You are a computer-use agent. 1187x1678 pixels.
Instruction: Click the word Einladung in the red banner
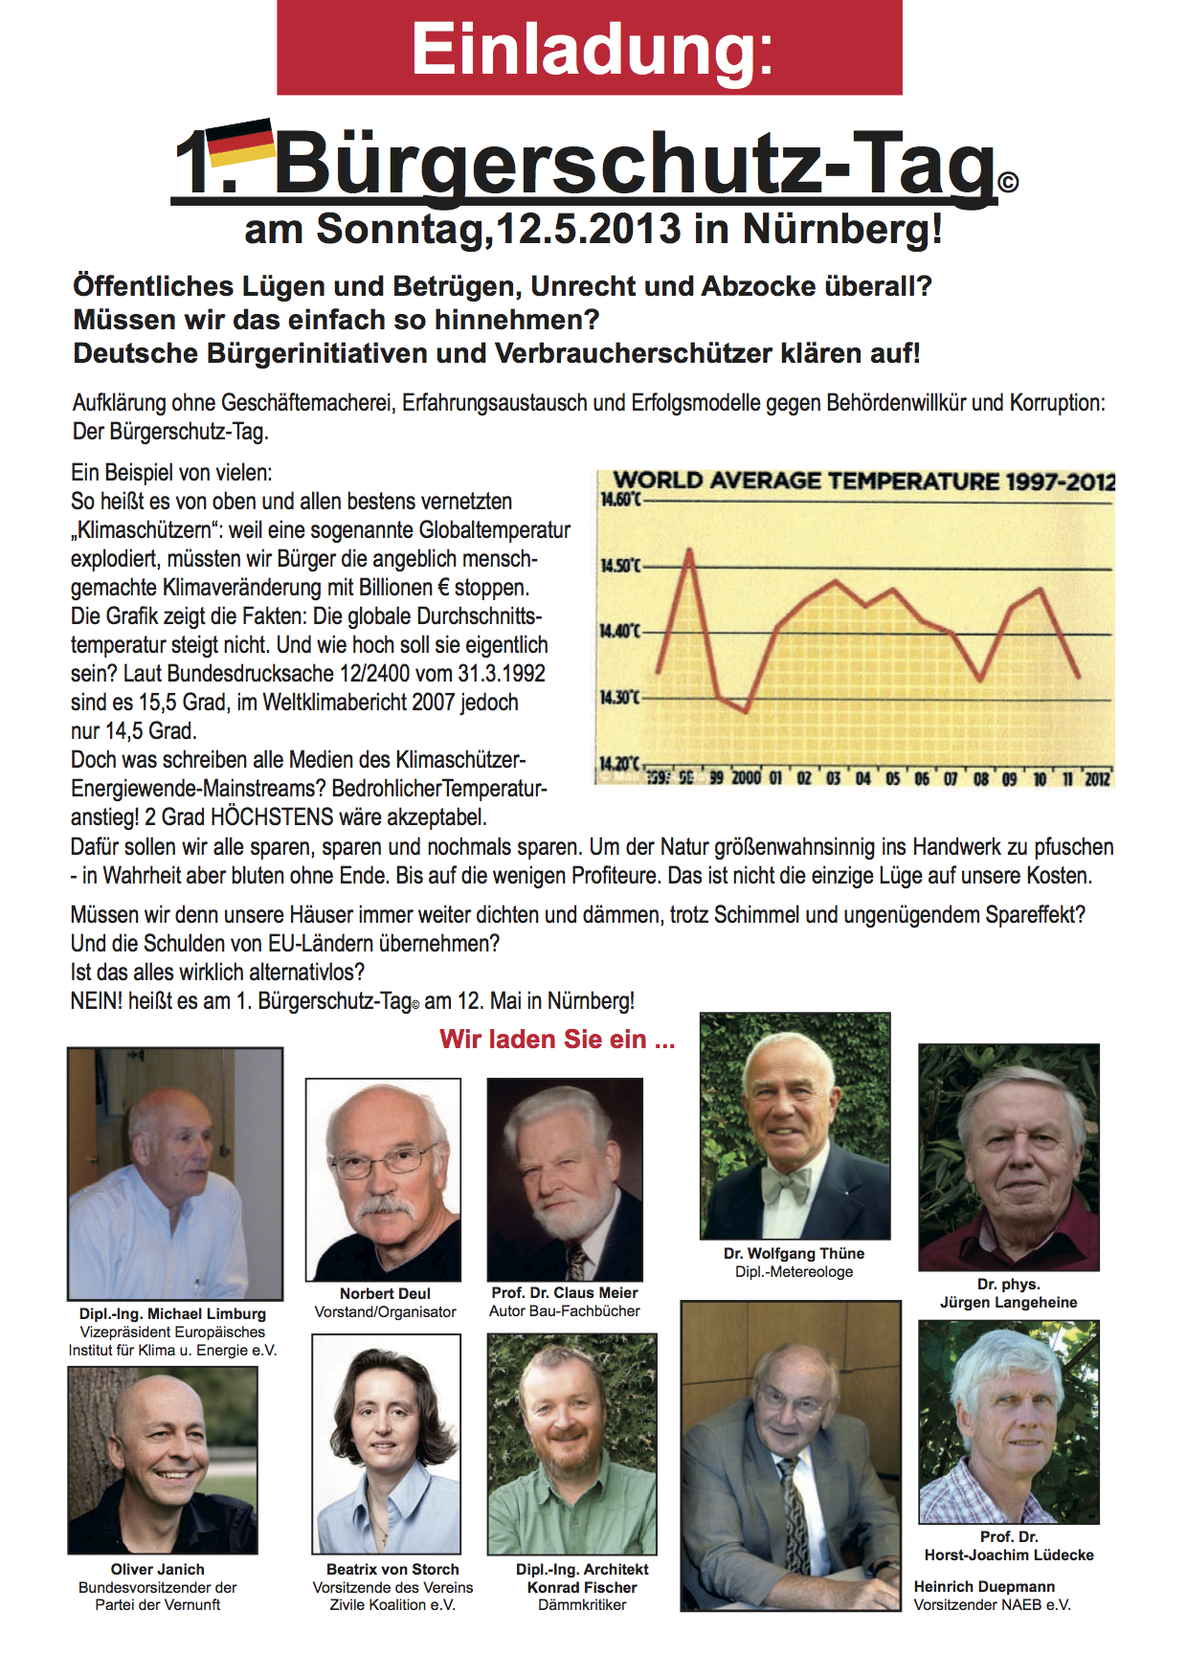pos(591,50)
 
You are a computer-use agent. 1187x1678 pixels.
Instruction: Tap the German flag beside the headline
pos(241,142)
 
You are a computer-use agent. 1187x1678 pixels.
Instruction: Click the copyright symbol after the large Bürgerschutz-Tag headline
pos(1008,181)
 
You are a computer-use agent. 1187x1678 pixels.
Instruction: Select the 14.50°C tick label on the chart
pos(618,566)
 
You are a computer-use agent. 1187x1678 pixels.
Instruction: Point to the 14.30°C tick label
pos(618,697)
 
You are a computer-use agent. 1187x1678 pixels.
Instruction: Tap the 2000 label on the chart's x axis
pos(746,778)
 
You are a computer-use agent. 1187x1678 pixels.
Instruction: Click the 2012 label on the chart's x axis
pos(1097,778)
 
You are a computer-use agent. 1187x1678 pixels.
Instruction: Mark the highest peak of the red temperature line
pos(689,549)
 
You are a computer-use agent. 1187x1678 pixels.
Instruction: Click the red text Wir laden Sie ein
pos(557,1040)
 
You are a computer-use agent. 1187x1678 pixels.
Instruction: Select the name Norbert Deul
pos(385,1293)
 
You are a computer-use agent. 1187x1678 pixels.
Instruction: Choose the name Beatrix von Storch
pos(392,1569)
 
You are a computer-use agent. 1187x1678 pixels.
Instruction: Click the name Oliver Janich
pos(158,1569)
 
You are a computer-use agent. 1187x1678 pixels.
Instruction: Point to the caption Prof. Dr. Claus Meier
pos(565,1292)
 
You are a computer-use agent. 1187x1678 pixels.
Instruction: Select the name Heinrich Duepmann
pos(984,1586)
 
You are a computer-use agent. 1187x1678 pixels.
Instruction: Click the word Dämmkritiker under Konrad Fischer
pos(582,1604)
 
